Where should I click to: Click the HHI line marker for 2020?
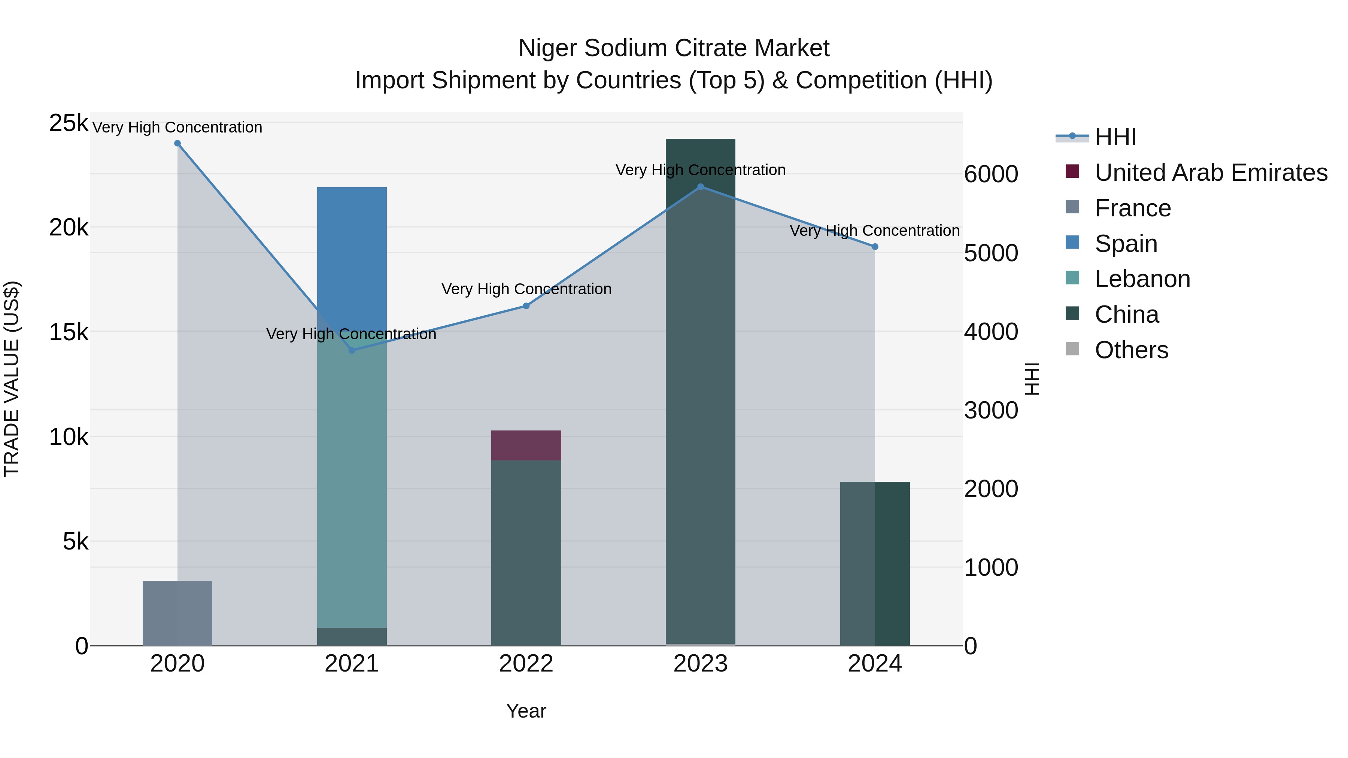[177, 143]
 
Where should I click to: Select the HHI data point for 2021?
[352, 350]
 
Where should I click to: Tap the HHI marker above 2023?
[701, 187]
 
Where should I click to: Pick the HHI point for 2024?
[875, 246]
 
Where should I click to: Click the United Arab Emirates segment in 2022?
[526, 445]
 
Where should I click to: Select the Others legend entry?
[1131, 350]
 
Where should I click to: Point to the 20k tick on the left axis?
[69, 228]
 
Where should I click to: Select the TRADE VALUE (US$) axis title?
[12, 379]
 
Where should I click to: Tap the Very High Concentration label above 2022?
[526, 289]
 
